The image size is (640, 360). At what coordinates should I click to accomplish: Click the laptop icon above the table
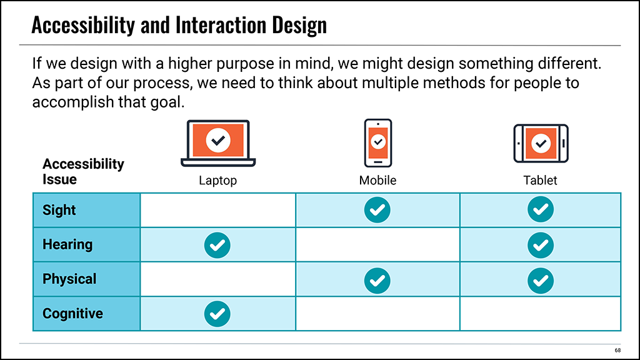[x=218, y=143]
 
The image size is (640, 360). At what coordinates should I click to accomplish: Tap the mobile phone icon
[x=378, y=143]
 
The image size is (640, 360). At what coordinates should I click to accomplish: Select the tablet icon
[x=541, y=143]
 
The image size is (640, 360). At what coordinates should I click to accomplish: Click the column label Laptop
[x=217, y=181]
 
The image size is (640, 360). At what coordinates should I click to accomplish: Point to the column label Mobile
[x=377, y=181]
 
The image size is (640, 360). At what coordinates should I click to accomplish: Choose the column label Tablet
[x=540, y=181]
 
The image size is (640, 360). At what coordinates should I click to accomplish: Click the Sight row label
[x=59, y=210]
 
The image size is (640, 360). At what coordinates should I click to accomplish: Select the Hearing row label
[x=67, y=244]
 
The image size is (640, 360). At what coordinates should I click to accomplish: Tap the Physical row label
[x=69, y=279]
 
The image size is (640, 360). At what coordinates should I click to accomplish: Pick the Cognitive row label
[x=72, y=314]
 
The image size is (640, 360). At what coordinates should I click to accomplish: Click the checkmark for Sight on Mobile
[x=377, y=210]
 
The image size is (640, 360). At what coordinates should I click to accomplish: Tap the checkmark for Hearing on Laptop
[x=217, y=245]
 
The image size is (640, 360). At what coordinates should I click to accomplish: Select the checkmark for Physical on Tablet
[x=541, y=281]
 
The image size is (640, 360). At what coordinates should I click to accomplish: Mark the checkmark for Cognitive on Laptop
[x=217, y=314]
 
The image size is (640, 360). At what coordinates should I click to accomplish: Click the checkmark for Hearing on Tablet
[x=541, y=245]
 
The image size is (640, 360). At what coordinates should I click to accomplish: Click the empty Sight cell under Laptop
[x=218, y=210]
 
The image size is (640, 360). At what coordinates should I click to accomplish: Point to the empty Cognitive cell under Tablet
[x=541, y=314]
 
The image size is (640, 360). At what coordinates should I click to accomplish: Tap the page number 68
[x=617, y=350]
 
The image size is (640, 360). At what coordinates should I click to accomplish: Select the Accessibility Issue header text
[x=83, y=171]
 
